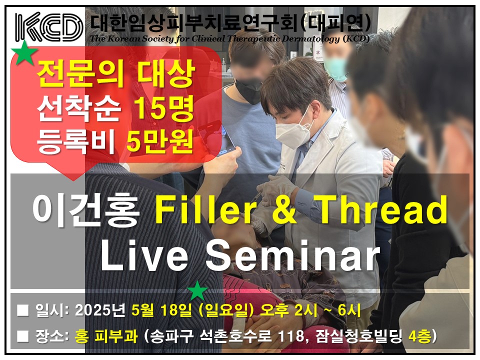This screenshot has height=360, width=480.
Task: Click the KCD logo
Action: pyautogui.click(x=49, y=27)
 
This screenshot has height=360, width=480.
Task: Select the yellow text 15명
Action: pyautogui.click(x=164, y=108)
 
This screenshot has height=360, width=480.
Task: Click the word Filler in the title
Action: pyautogui.click(x=205, y=210)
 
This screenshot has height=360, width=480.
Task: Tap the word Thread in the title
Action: pyautogui.click(x=383, y=210)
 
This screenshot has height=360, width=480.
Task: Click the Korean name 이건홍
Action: pyautogui.click(x=86, y=211)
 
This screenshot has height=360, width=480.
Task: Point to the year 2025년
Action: pyautogui.click(x=100, y=310)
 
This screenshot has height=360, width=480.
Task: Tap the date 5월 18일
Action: pyautogui.click(x=162, y=310)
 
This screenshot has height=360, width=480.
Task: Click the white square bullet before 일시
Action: pyautogui.click(x=23, y=310)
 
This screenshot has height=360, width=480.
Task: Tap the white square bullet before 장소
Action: pyautogui.click(x=23, y=336)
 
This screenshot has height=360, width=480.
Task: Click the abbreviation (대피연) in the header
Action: pyautogui.click(x=336, y=23)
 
